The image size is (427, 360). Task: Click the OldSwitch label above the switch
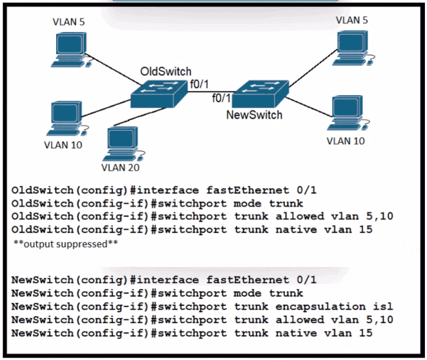[166, 72]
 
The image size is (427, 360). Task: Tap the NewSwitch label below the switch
[254, 115]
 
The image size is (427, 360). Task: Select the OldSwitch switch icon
[159, 94]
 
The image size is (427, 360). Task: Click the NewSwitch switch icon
[260, 94]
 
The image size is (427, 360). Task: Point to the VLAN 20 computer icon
[124, 144]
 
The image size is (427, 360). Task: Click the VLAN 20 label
[120, 168]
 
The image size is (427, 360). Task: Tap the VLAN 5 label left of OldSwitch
[69, 22]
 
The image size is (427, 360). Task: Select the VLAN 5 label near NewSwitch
[352, 20]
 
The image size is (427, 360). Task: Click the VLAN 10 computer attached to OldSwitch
[67, 119]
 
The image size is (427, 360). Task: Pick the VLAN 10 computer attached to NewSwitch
[348, 113]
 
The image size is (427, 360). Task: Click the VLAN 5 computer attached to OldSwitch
[71, 50]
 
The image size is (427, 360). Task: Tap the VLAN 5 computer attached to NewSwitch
[353, 48]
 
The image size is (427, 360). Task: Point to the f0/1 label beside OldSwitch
[199, 84]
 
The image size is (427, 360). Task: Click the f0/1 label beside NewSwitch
[222, 98]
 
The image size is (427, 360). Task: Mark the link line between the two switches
[212, 92]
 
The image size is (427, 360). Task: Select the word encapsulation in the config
[320, 307]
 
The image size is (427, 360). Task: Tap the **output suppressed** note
[65, 244]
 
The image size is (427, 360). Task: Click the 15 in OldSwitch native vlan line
[366, 229]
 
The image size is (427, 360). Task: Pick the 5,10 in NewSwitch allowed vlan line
[379, 320]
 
